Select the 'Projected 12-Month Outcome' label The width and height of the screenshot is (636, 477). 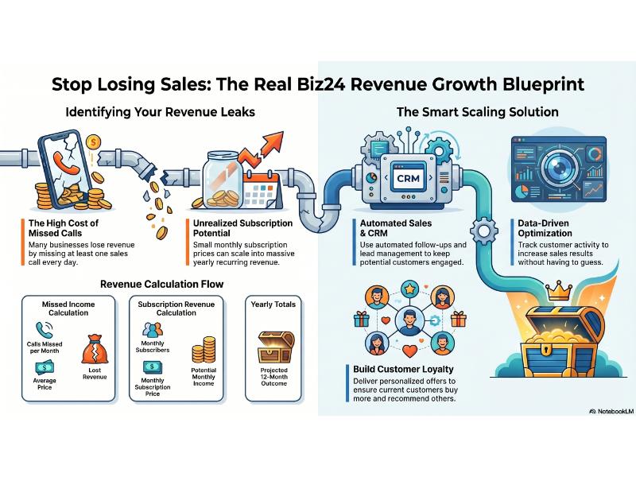pyautogui.click(x=273, y=377)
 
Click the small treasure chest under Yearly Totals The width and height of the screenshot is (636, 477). pyautogui.click(x=273, y=347)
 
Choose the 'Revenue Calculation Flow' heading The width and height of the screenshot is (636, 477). pyautogui.click(x=161, y=283)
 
